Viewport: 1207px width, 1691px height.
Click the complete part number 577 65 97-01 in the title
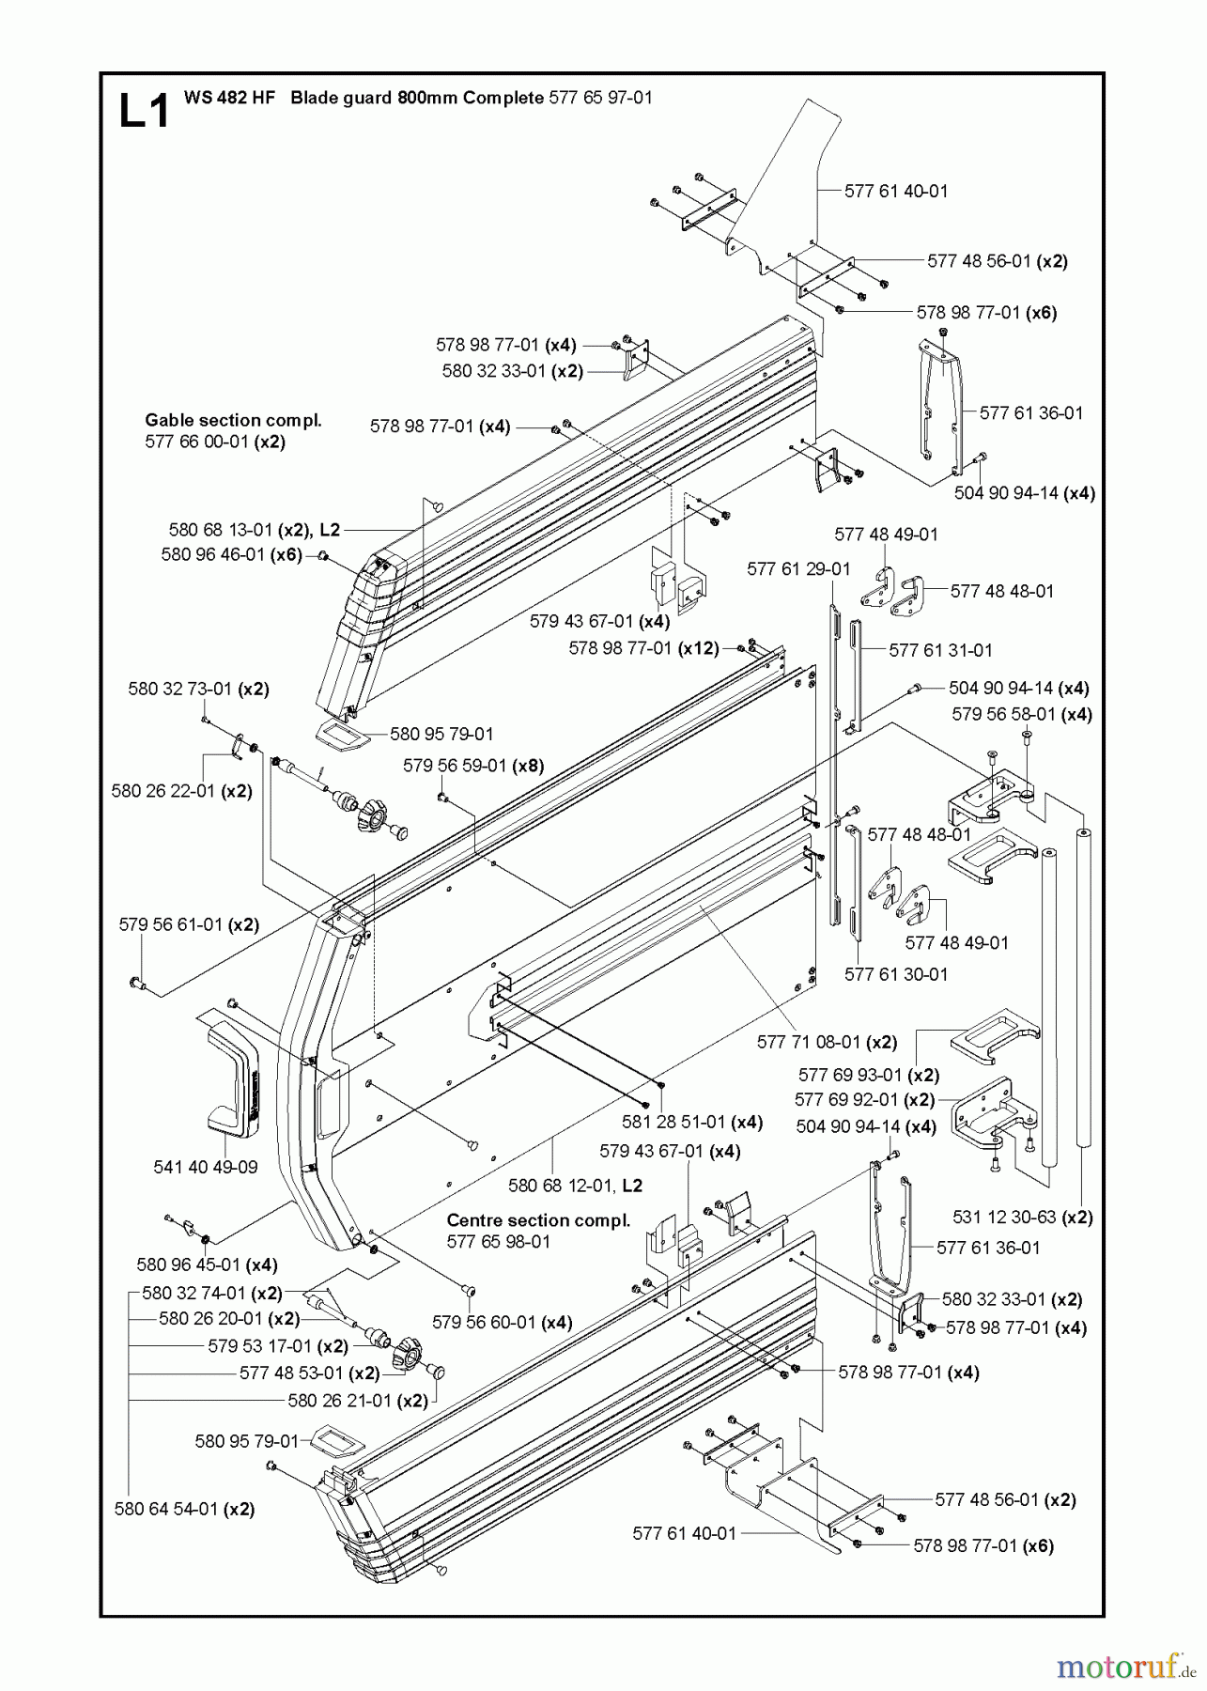click(x=599, y=98)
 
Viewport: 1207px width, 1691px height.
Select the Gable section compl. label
click(x=233, y=420)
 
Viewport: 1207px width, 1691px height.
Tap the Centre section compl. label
click(x=538, y=1220)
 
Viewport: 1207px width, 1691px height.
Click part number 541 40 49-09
click(x=205, y=1167)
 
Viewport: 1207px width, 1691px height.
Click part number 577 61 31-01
click(x=940, y=650)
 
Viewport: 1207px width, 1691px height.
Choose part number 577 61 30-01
click(x=896, y=974)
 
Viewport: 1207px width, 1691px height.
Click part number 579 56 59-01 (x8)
click(x=473, y=766)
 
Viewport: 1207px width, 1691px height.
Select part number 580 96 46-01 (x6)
click(x=231, y=554)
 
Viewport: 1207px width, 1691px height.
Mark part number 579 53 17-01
click(x=261, y=1346)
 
